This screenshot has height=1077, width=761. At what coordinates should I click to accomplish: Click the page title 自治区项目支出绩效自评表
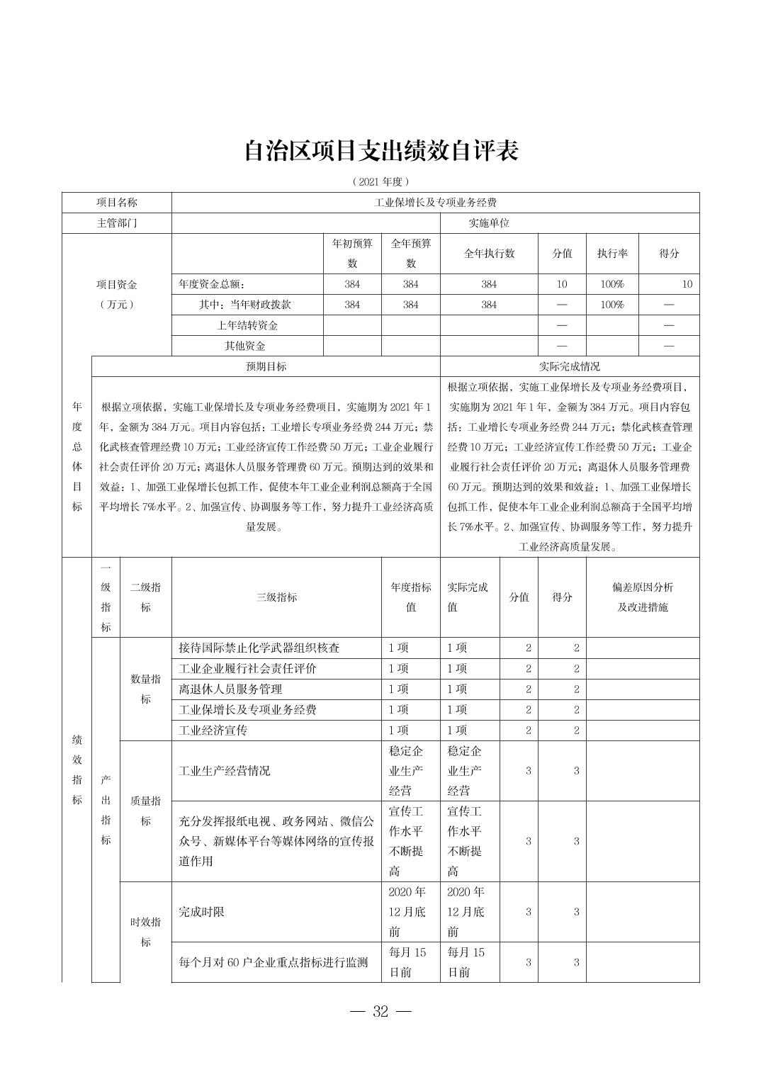[380, 151]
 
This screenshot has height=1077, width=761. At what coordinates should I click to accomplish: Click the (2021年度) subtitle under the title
[380, 181]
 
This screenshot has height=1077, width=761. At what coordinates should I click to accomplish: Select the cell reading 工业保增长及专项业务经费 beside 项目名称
[435, 203]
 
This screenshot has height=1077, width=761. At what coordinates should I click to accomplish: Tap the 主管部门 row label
[117, 223]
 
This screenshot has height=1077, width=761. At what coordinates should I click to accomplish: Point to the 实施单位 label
[489, 223]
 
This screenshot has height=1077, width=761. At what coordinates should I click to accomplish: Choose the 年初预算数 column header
[352, 254]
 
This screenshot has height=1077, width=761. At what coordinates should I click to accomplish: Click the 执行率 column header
[612, 254]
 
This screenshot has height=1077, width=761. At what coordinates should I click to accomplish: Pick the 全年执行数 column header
[489, 254]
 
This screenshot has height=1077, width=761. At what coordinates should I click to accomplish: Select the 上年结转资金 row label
[247, 325]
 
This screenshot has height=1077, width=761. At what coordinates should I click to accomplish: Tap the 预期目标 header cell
[266, 366]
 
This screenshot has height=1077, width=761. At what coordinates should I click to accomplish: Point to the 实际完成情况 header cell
[570, 366]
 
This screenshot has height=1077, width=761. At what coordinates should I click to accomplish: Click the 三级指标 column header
[276, 597]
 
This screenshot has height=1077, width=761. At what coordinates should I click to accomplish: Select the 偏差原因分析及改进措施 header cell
[643, 597]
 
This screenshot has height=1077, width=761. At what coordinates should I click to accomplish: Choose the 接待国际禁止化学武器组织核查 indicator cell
[259, 648]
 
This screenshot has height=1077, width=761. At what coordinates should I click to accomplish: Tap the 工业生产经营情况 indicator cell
[225, 771]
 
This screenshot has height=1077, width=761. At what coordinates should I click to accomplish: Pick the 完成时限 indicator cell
[202, 912]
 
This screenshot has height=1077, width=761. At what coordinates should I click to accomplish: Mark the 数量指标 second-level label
[145, 689]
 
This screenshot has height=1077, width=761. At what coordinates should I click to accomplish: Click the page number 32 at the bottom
[380, 1012]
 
